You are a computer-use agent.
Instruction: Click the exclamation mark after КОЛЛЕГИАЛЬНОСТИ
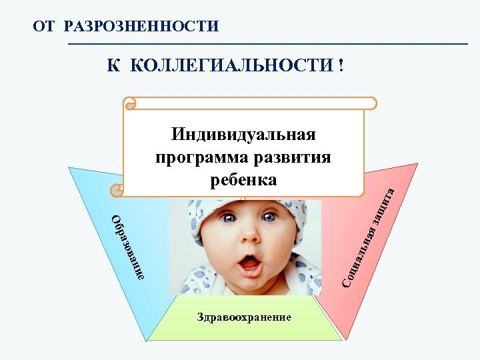[341, 66]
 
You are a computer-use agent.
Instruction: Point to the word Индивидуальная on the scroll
[243, 135]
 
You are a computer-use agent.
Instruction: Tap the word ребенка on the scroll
[244, 180]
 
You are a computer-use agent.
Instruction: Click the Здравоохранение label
[244, 317]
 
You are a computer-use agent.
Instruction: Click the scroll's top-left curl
[131, 103]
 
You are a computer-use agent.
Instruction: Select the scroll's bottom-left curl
[118, 191]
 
